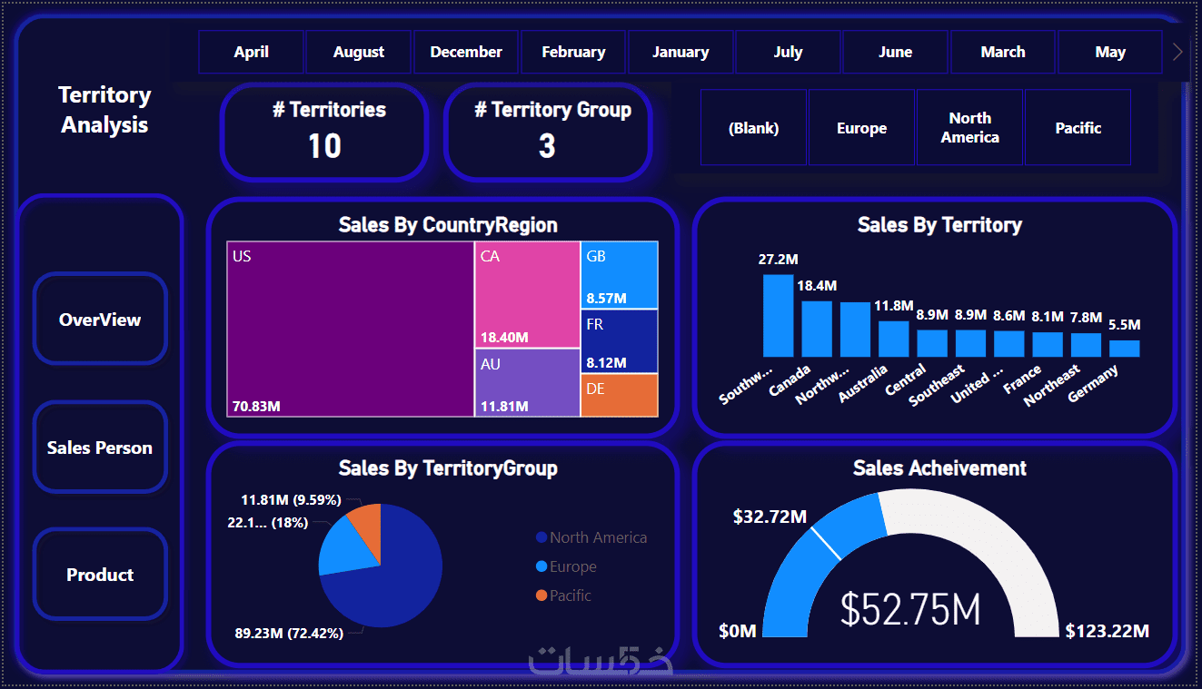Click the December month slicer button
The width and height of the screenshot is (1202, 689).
(466, 52)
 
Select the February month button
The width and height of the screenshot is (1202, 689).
(573, 52)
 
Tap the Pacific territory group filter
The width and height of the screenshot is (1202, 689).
(1078, 128)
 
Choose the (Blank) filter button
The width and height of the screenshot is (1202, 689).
(753, 128)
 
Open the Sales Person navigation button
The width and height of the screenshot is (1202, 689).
(100, 448)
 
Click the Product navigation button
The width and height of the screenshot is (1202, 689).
(100, 575)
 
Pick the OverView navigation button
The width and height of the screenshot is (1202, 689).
(100, 320)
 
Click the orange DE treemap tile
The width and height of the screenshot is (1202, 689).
(619, 396)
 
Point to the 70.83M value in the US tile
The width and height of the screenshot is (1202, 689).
(256, 406)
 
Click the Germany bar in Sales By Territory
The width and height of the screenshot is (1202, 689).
(1124, 349)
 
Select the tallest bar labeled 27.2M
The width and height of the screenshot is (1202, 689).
(778, 315)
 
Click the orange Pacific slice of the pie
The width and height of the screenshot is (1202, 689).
(366, 523)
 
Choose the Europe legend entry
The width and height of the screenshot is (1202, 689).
(572, 566)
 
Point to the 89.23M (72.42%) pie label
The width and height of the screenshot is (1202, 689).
(289, 634)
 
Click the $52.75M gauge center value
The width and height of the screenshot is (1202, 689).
(910, 609)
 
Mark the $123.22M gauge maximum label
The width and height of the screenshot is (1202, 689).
(1108, 631)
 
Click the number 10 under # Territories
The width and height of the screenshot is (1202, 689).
(324, 145)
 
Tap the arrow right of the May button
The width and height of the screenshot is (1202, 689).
(1178, 52)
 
